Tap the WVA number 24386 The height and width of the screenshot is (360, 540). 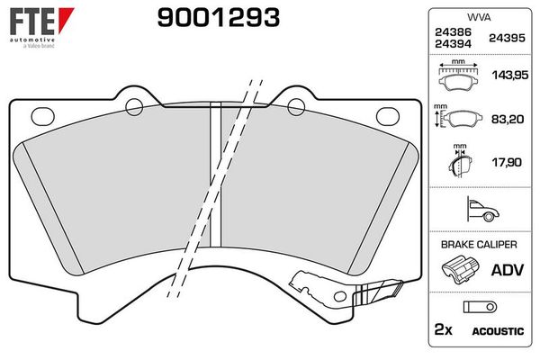451,31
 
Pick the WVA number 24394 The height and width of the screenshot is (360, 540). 451,44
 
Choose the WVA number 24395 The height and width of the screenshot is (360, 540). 507,38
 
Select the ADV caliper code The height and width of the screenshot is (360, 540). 506,269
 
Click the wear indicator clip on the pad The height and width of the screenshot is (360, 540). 378,292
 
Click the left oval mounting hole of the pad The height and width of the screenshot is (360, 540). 42,114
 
